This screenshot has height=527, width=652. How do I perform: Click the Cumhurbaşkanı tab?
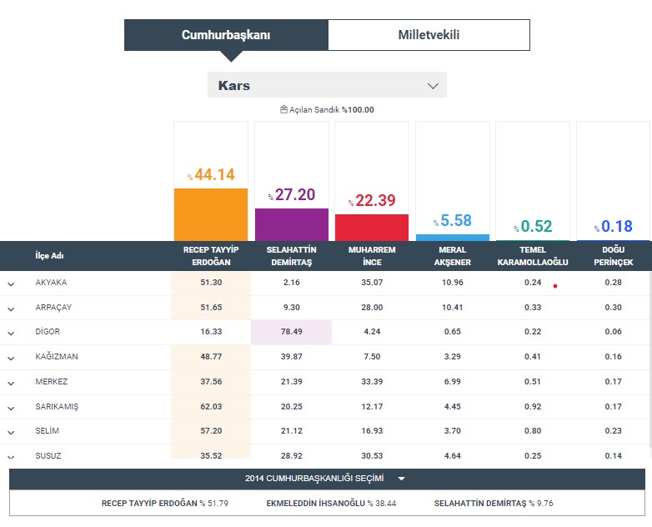(x=226, y=35)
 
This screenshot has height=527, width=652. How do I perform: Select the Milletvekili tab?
(x=429, y=35)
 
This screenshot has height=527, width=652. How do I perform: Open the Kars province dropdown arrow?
(x=433, y=86)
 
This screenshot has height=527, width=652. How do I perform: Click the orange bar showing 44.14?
(x=211, y=214)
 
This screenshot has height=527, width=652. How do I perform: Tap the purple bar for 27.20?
(x=292, y=224)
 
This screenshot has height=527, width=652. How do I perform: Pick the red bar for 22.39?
(x=372, y=227)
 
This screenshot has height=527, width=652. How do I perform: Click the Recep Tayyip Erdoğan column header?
(x=210, y=256)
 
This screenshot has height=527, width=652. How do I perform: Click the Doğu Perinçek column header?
(x=613, y=256)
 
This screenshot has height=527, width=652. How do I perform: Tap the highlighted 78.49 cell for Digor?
(x=292, y=332)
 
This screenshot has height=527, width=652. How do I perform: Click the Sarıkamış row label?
(x=58, y=406)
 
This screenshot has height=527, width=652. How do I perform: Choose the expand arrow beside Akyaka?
(x=12, y=284)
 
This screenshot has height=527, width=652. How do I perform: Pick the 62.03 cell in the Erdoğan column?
(x=211, y=406)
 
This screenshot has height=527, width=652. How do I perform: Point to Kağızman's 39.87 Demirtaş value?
(x=292, y=357)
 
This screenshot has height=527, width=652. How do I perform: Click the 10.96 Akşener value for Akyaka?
(x=453, y=283)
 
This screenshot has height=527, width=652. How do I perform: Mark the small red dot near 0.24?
(x=554, y=285)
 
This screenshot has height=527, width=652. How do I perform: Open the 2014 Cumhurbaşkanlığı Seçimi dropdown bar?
(x=326, y=479)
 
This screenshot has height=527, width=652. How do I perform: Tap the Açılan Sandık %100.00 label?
(x=327, y=109)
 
